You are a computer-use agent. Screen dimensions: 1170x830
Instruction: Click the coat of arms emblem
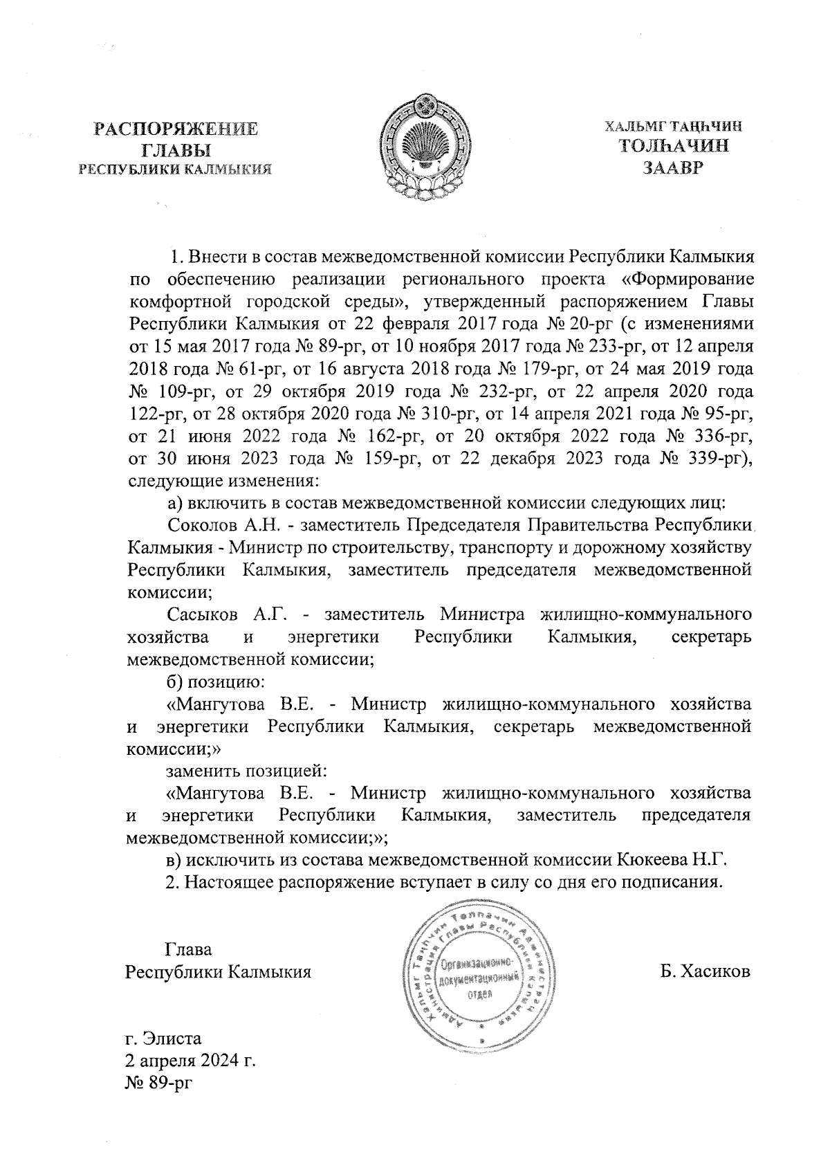425,147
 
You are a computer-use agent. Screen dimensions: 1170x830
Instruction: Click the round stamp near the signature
480,975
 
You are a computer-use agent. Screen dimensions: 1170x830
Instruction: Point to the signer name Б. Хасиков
705,971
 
